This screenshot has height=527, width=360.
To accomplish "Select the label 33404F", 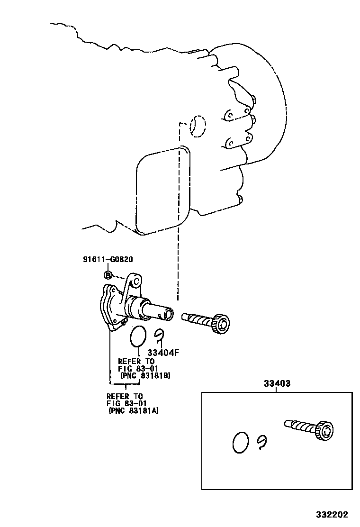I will click(x=162, y=353).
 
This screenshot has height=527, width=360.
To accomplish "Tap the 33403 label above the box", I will click(x=277, y=383).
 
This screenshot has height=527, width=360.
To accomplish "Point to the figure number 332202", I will click(x=333, y=515).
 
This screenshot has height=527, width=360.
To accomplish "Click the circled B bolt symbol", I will click(x=108, y=275).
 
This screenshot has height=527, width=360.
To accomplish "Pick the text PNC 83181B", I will click(x=145, y=375).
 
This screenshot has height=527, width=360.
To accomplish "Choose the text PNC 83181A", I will click(x=134, y=411).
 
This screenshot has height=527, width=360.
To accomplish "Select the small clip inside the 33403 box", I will click(x=262, y=442).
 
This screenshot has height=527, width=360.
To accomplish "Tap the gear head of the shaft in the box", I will click(x=324, y=429).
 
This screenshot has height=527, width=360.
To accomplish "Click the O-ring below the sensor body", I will click(x=138, y=336).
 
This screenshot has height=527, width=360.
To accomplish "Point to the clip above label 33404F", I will click(x=160, y=335).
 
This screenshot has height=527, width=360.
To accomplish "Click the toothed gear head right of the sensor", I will click(x=220, y=325).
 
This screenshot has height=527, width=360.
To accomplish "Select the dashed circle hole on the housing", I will click(x=198, y=126).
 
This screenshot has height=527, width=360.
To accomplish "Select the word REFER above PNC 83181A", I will click(x=117, y=396).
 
